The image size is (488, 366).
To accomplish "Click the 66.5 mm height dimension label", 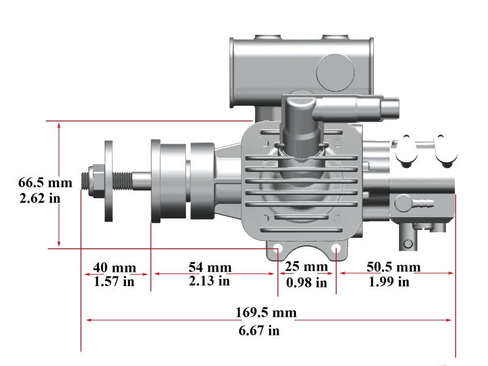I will [45, 182].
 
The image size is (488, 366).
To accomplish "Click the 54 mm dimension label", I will [210, 267].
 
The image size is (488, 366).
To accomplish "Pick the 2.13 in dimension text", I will [209, 281].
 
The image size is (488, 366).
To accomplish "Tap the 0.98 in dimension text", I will [306, 282].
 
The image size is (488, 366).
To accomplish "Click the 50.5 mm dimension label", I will [393, 267].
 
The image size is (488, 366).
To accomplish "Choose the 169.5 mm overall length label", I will [266, 313].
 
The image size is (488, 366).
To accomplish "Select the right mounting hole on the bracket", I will [336, 248].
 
